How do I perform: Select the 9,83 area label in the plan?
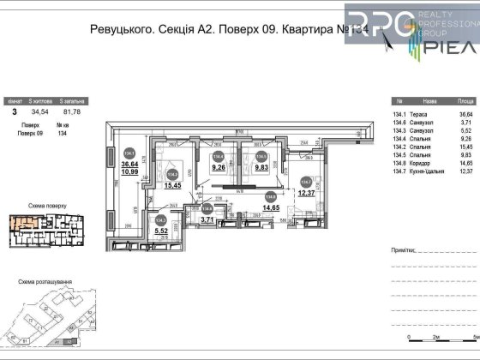259,169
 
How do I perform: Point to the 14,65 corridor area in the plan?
271,207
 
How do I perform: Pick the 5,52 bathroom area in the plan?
159,231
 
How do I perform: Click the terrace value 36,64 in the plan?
130,164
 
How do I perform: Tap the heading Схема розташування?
51,280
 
